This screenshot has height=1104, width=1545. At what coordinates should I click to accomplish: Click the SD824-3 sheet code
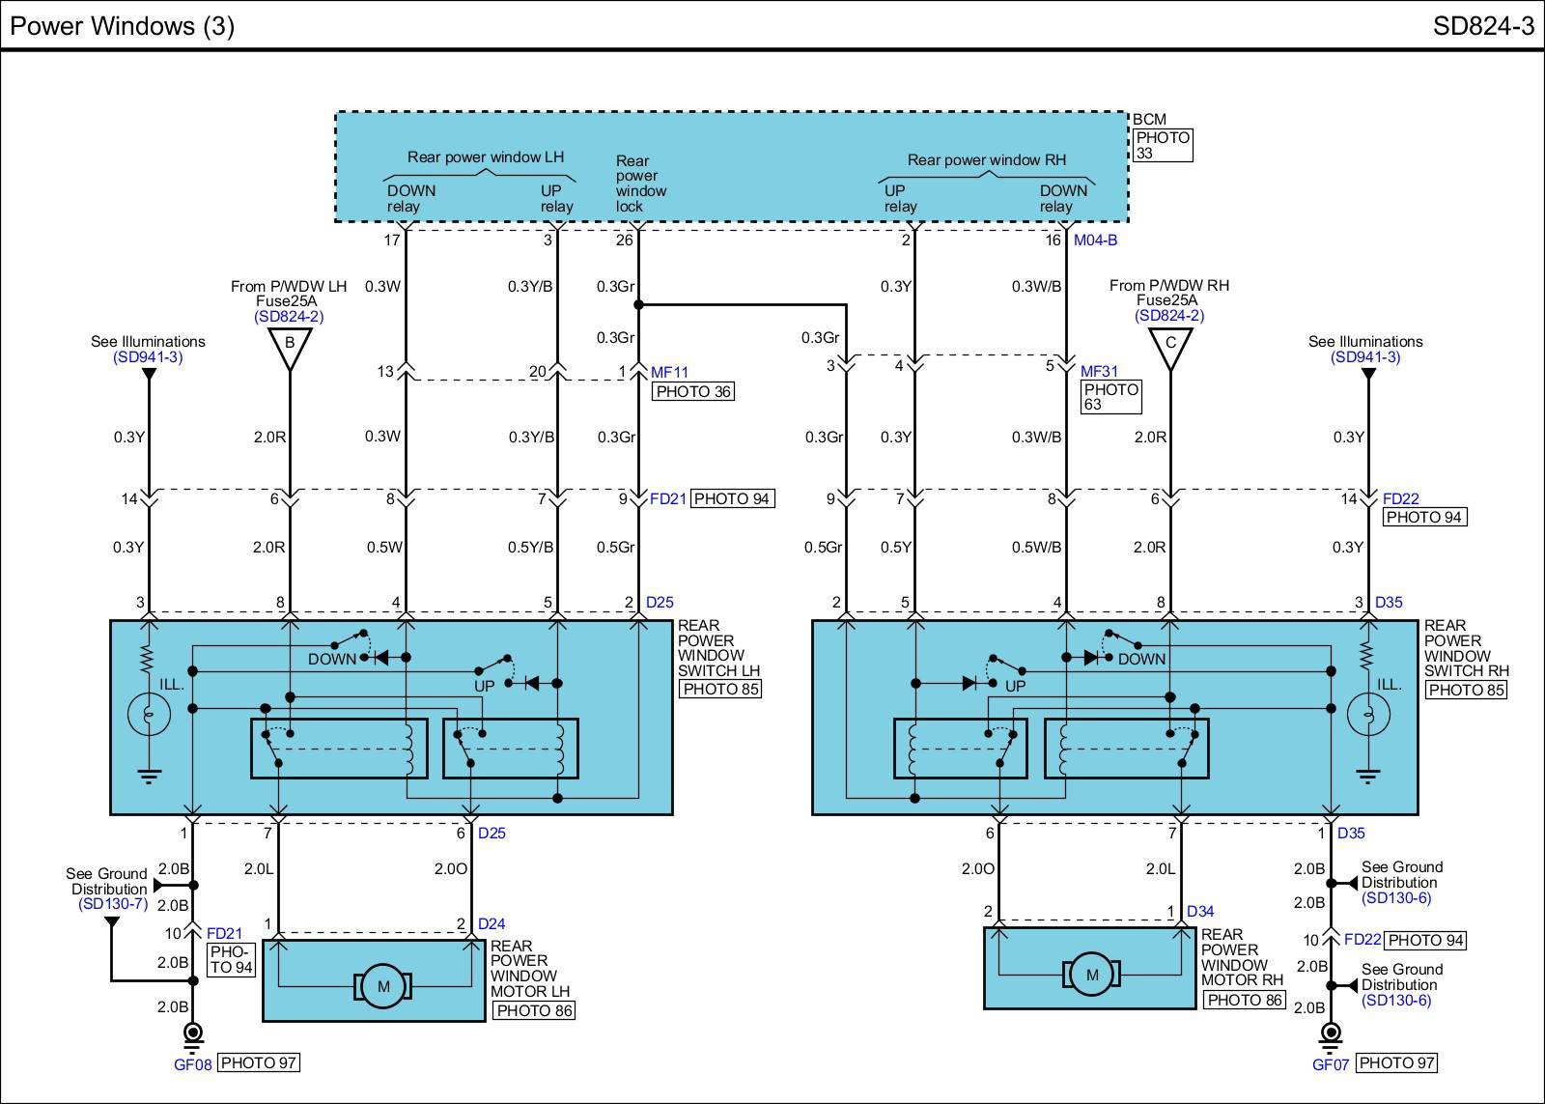point(1482,25)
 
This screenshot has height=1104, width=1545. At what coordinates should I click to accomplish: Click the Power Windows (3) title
point(123,25)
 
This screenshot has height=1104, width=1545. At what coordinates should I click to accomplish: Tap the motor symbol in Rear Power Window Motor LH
point(383,986)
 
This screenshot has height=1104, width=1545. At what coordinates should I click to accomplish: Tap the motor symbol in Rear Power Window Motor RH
point(1092,975)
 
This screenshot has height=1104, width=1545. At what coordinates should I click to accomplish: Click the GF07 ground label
point(1331,1063)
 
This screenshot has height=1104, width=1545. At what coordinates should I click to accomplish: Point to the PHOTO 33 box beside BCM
point(1163,145)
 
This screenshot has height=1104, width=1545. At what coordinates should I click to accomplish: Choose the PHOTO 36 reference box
point(693,391)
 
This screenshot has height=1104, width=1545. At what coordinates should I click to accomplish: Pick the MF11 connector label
point(669,372)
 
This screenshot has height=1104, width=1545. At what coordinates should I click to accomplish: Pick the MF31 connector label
point(1099,372)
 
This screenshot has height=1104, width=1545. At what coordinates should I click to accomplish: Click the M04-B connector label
point(1095,240)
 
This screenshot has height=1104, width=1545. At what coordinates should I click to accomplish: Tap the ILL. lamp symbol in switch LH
point(149,714)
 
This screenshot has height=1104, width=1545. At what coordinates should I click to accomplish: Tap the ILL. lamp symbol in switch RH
point(1367,714)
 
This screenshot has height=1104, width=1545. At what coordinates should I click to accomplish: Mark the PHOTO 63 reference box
point(1110,397)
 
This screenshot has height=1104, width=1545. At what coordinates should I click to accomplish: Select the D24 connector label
point(492,924)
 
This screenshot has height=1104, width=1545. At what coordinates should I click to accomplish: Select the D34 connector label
point(1200,911)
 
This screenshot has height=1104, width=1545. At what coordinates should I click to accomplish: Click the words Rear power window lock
point(640,184)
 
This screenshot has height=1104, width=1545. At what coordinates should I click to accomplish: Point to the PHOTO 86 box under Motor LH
point(533,1010)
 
